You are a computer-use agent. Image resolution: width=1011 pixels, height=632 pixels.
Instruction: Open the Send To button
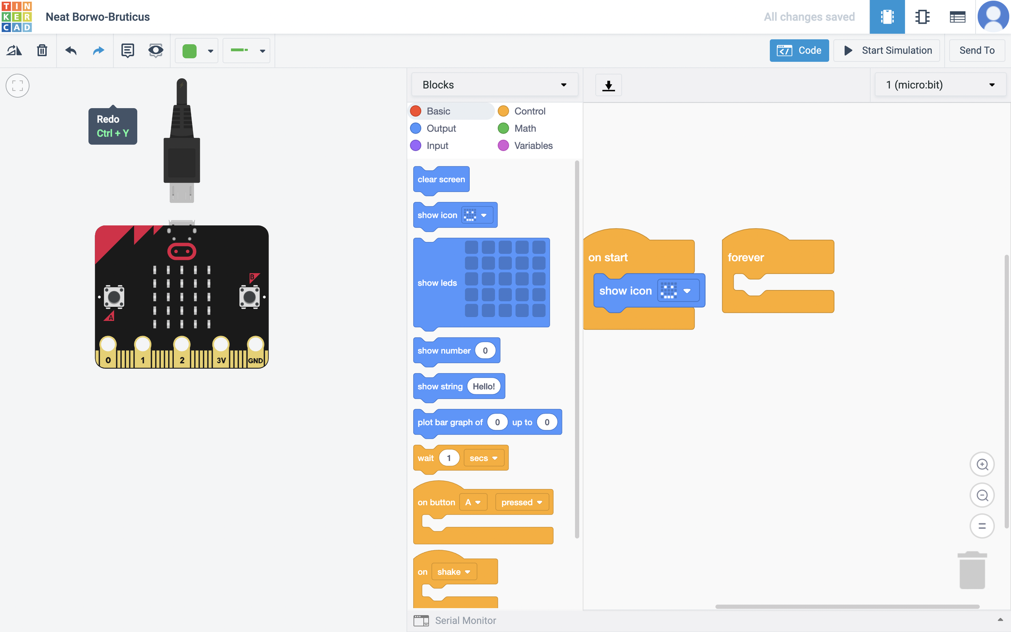[x=976, y=51]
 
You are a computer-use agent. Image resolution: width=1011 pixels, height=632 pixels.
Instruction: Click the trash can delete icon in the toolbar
[x=42, y=51]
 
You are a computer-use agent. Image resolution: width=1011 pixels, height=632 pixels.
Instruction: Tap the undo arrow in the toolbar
[x=71, y=51]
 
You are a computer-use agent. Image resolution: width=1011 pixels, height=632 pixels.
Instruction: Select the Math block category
[x=524, y=128]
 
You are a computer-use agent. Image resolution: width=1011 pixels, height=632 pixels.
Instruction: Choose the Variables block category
[x=533, y=145]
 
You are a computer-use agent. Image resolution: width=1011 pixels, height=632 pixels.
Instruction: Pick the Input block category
[x=437, y=145]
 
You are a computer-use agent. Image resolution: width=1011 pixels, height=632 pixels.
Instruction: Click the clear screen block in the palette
[x=441, y=179]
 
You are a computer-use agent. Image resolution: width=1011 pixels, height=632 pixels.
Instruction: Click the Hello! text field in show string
[x=484, y=386]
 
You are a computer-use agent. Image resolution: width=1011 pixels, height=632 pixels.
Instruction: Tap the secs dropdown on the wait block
[x=483, y=458]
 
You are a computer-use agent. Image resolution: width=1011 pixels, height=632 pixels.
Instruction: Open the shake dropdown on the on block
[x=454, y=572]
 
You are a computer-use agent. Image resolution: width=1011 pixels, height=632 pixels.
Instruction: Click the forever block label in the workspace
[x=746, y=257]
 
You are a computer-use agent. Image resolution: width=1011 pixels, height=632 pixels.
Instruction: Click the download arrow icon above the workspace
[x=608, y=85]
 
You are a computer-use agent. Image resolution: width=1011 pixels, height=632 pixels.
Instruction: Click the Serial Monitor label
[x=465, y=620]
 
